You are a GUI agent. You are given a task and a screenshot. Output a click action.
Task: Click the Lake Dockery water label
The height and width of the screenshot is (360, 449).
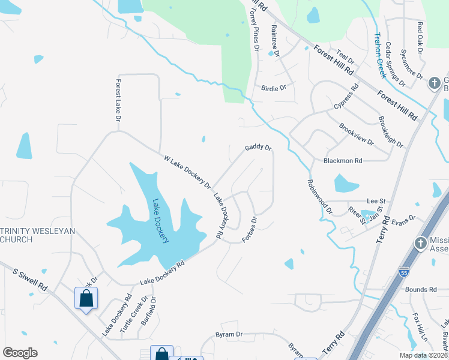[160, 221]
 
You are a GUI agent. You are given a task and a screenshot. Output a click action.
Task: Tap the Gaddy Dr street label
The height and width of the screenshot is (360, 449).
[258, 148]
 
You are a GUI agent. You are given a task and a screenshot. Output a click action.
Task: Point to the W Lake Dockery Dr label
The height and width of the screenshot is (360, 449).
[188, 172]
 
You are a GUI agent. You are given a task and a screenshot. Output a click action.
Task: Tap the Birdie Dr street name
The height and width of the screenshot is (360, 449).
[274, 88]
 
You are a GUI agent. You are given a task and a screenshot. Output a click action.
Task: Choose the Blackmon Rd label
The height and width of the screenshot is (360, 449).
[343, 161]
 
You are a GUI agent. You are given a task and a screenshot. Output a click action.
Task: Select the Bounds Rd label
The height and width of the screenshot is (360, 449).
[420, 289]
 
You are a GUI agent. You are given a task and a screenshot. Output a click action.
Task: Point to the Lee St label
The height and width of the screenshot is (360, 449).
[375, 202]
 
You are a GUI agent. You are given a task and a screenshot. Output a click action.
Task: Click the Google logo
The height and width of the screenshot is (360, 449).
[20, 353]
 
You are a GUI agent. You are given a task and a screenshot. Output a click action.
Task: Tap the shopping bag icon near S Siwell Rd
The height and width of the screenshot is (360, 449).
[86, 298]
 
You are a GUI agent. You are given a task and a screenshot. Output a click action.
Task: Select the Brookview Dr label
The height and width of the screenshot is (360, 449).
[356, 135]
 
